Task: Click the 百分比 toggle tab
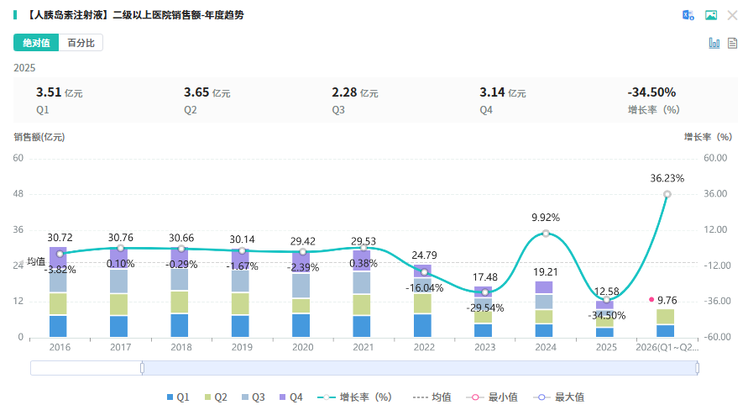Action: pyautogui.click(x=81, y=43)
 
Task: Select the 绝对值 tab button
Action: pyautogui.click(x=36, y=43)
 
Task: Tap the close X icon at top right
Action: pyautogui.click(x=732, y=15)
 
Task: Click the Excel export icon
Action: pyautogui.click(x=688, y=15)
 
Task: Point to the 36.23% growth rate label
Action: pyautogui.click(x=667, y=178)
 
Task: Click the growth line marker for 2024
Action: pyautogui.click(x=546, y=234)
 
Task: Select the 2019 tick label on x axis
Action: pyautogui.click(x=242, y=348)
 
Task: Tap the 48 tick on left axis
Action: pyautogui.click(x=18, y=194)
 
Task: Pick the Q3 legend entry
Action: pyautogui.click(x=253, y=397)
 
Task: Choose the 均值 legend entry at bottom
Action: pyautogui.click(x=432, y=397)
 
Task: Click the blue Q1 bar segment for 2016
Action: pyautogui.click(x=58, y=327)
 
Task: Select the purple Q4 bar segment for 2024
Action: pyautogui.click(x=544, y=287)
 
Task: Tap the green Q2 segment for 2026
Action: pyautogui.click(x=665, y=317)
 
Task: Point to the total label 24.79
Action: pyautogui.click(x=424, y=255)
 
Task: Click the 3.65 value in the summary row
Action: pyautogui.click(x=196, y=92)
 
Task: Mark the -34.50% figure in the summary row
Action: pyautogui.click(x=651, y=92)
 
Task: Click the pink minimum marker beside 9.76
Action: pyautogui.click(x=651, y=299)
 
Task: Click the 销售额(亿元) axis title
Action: pyautogui.click(x=39, y=138)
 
